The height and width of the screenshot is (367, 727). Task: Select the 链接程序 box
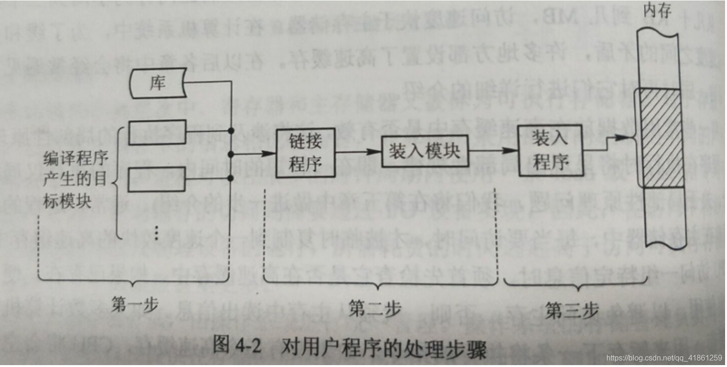pos(306,153)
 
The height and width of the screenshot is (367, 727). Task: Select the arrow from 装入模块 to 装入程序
pos(491,150)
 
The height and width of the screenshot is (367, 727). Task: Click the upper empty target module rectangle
pos(158,132)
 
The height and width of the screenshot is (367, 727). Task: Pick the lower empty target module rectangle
pos(158,179)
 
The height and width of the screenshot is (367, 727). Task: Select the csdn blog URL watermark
pos(664,358)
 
